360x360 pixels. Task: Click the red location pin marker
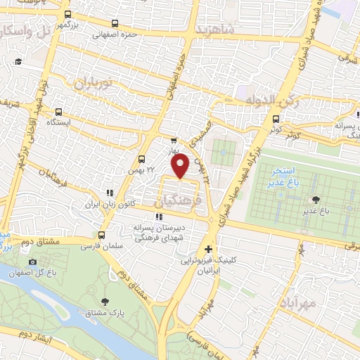(x=180, y=166)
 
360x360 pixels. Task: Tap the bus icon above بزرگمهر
(x=67, y=14)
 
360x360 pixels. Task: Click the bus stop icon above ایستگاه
(x=58, y=111)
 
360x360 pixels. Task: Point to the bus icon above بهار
(x=174, y=141)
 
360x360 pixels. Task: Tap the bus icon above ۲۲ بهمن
(x=141, y=159)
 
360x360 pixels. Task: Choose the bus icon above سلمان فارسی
(x=102, y=236)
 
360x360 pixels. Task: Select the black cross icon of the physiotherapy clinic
(x=208, y=250)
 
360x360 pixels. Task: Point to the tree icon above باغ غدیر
(x=314, y=199)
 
